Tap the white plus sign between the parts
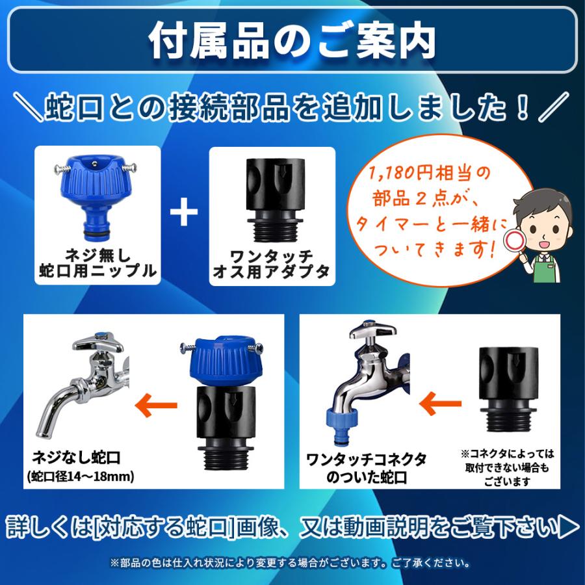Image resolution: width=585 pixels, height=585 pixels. coord(184,213)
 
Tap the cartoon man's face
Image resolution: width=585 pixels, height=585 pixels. coord(542,224)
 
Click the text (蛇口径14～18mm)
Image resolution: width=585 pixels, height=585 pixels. coord(81,476)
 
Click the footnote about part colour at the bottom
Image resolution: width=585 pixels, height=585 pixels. coord(292,562)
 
